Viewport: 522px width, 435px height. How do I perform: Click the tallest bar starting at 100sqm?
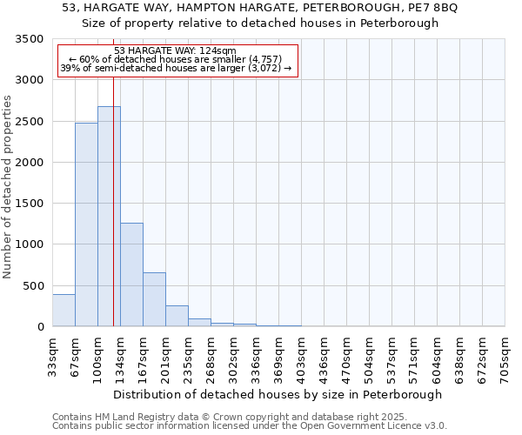pyautogui.click(x=109, y=217)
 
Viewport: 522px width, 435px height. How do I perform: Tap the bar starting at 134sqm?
pyautogui.click(x=131, y=275)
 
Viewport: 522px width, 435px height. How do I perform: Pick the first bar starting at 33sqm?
pyautogui.click(x=64, y=311)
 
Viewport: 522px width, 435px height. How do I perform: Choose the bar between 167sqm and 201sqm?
pyautogui.click(x=154, y=299)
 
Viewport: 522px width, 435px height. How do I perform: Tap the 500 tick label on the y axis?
pyautogui.click(x=33, y=286)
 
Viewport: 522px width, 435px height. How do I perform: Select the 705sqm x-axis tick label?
pyautogui.click(x=505, y=354)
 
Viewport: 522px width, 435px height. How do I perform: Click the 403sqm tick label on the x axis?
pyautogui.click(x=301, y=354)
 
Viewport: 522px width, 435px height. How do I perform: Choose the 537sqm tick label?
pyautogui.click(x=391, y=354)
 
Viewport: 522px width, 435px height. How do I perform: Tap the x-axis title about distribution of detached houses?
pyautogui.click(x=278, y=394)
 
